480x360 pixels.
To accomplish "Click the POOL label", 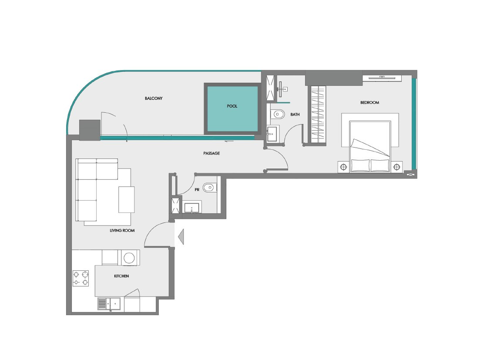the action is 232,106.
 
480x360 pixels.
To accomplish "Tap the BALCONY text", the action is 154,98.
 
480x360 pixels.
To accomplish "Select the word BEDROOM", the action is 369,103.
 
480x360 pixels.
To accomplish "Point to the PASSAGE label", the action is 211,153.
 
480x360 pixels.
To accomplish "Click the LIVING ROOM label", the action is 122,230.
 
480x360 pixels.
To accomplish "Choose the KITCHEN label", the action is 121,276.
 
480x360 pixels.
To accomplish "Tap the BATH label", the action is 295,114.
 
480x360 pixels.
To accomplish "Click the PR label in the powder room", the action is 197,190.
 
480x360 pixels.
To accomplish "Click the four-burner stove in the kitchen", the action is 81,278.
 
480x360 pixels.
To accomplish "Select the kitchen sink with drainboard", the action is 109,304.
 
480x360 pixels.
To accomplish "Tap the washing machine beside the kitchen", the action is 129,257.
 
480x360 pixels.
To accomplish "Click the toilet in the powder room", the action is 210,187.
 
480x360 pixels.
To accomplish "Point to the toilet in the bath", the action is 278,114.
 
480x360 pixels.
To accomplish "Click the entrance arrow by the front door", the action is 181,237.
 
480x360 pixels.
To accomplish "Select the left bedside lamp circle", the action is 343,167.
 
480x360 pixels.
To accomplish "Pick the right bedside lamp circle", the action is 397,167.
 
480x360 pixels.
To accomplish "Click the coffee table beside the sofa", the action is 127,199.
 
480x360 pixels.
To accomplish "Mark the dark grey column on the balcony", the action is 90,130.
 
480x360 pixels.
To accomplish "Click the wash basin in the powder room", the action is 191,208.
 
